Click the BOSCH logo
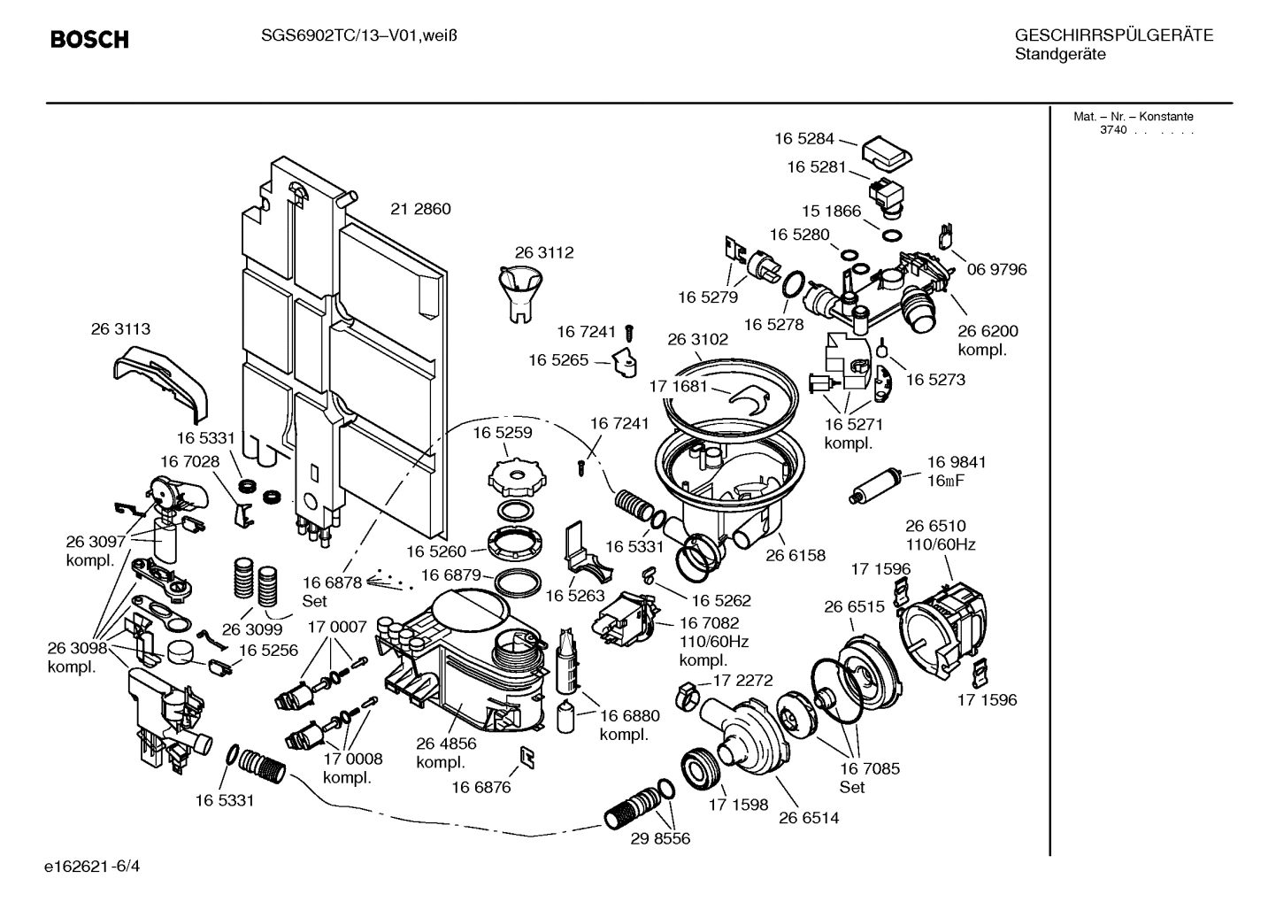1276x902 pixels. (x=89, y=40)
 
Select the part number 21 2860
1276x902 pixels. (x=420, y=210)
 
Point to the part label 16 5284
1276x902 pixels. (x=803, y=138)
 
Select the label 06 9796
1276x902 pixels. (x=996, y=269)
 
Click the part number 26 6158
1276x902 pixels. (x=795, y=556)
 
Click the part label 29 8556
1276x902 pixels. (x=659, y=838)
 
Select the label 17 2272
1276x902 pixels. (x=743, y=681)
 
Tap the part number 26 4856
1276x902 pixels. (x=446, y=744)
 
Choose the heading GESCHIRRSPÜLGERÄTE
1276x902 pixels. (x=1113, y=35)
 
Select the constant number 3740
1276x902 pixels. (x=1112, y=130)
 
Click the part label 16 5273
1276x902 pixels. (x=934, y=380)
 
